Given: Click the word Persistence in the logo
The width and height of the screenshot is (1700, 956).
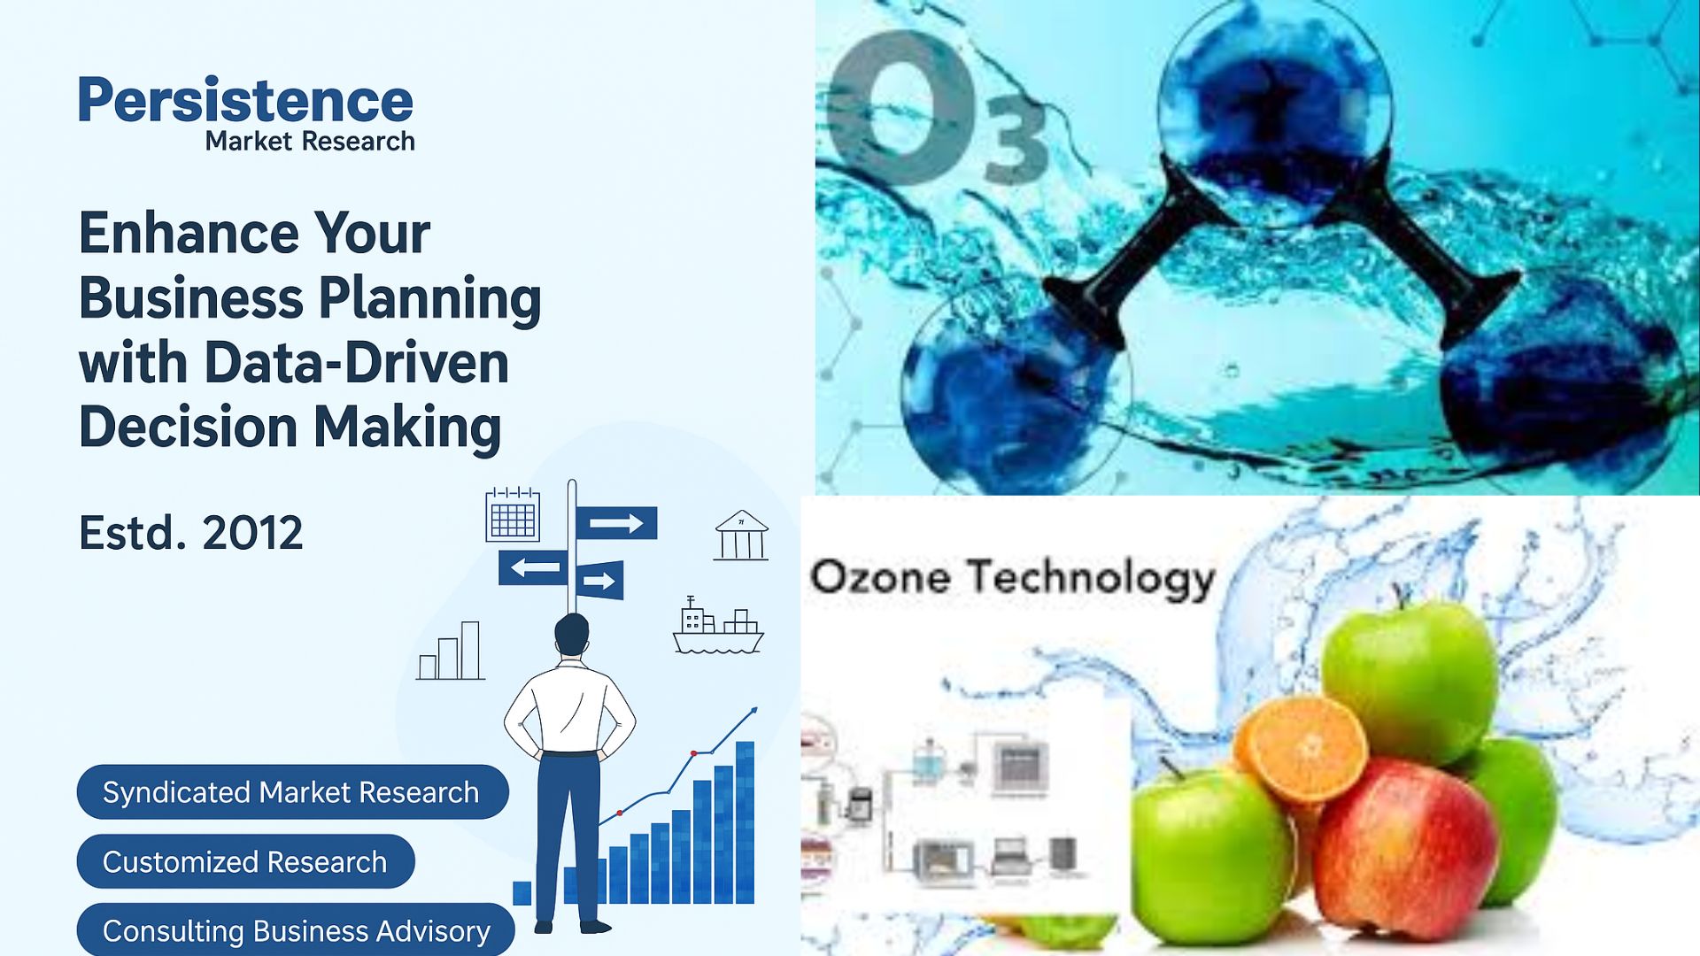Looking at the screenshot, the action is [x=245, y=100].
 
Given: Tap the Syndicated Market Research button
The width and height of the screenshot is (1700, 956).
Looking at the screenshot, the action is [x=292, y=791].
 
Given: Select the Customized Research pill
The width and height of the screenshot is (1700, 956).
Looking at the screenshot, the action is [x=245, y=861].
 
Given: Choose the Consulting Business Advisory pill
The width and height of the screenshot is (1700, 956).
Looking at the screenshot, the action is [x=296, y=929].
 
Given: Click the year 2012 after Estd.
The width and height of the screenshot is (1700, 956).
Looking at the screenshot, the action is [x=252, y=533].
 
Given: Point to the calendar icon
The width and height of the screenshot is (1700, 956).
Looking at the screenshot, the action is [x=513, y=514].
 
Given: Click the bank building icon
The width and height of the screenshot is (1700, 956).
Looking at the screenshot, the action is [x=741, y=536].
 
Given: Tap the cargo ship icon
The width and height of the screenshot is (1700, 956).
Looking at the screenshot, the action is [x=718, y=626].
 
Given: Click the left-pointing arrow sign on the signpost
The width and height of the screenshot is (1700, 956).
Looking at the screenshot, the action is [x=533, y=567].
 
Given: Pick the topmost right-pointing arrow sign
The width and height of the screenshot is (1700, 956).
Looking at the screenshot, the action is [x=616, y=523].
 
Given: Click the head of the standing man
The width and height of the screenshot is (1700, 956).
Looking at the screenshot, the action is [x=572, y=635].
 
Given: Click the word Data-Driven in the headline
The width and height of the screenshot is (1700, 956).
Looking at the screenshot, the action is [x=357, y=363].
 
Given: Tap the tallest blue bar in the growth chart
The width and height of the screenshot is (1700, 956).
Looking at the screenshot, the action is [x=746, y=822].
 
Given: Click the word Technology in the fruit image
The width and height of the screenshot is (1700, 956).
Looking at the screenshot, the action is [x=1092, y=579].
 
